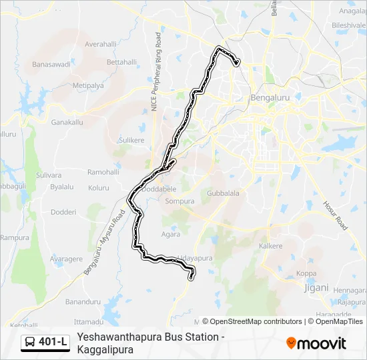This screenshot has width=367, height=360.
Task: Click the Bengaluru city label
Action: point(268,98)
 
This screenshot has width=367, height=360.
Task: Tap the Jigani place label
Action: point(317,287)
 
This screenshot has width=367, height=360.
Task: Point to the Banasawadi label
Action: point(51,65)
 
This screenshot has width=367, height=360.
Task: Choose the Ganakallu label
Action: point(67,123)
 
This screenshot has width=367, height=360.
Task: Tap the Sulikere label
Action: point(131,140)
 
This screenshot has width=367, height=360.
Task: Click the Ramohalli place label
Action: point(103,171)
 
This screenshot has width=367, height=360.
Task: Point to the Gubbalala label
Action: point(223,193)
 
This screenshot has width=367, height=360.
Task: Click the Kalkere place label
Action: point(271,246)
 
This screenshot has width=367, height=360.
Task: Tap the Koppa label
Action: point(306,273)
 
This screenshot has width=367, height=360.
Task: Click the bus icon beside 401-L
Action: point(31,343)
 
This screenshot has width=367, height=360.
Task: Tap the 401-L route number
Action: point(53,343)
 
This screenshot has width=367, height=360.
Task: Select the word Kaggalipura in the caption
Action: point(105,349)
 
